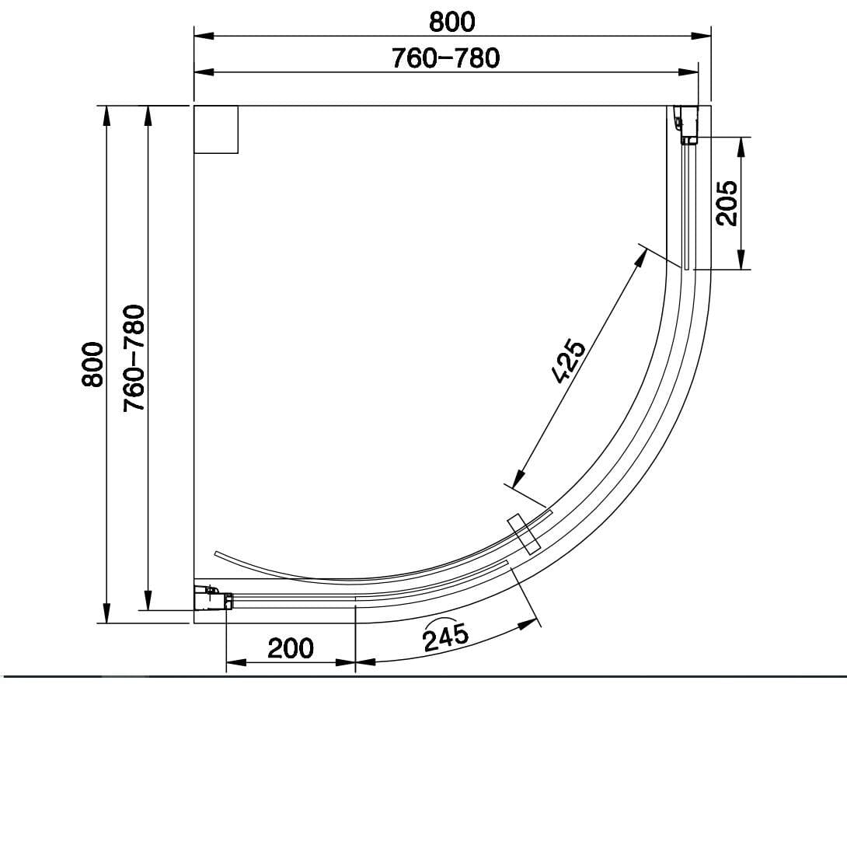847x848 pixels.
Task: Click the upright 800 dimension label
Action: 451,22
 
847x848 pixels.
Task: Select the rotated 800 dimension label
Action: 92,364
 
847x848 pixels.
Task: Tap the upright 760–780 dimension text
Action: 445,58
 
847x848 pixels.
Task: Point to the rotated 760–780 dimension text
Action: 134,358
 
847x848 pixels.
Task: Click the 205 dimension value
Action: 727,203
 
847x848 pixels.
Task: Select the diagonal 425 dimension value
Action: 568,361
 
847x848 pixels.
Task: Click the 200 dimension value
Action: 291,647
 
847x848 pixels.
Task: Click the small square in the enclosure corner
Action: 215,130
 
